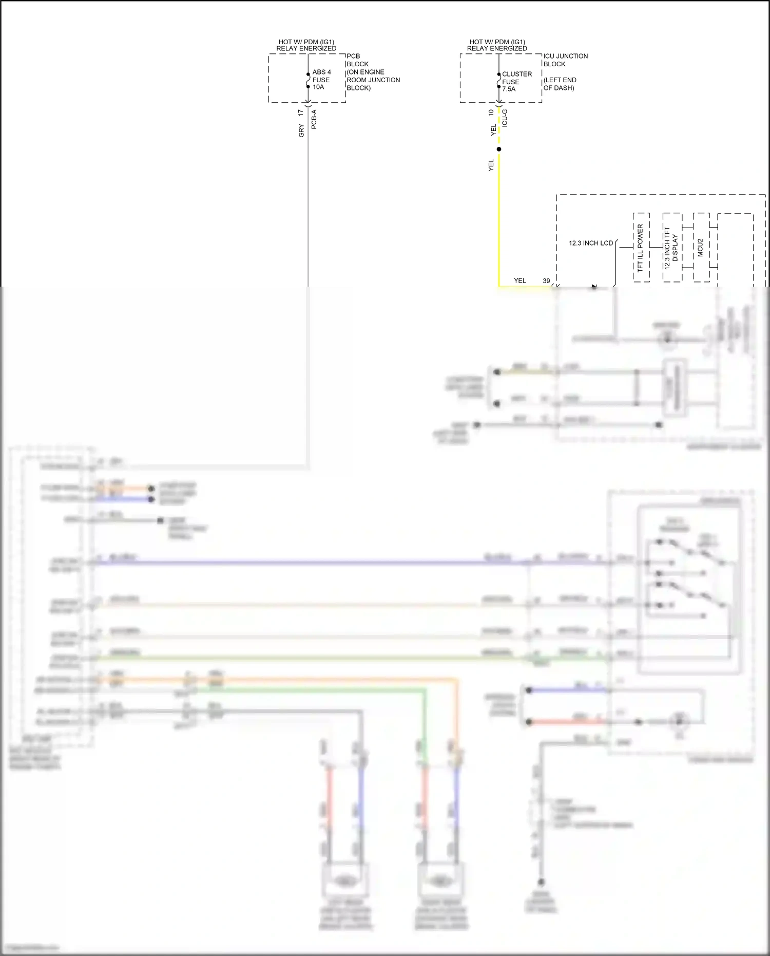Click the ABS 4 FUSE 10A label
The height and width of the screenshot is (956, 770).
click(x=321, y=80)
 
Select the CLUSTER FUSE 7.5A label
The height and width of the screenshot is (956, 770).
click(x=516, y=81)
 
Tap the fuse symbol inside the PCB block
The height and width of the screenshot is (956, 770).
click(x=308, y=81)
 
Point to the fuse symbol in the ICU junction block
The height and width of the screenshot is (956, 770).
click(x=499, y=81)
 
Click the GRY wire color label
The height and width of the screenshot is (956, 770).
click(x=301, y=131)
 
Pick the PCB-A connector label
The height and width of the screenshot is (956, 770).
click(x=314, y=119)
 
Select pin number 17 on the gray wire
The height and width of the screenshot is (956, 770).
click(x=301, y=112)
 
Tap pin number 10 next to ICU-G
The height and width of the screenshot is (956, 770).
click(x=491, y=112)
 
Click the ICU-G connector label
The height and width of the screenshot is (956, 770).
click(x=505, y=118)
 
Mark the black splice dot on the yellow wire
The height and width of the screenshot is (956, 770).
click(x=499, y=149)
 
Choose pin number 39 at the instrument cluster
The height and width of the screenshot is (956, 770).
click(x=546, y=280)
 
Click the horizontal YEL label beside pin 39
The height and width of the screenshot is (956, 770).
click(x=520, y=280)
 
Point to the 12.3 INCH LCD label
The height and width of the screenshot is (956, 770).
click(x=591, y=243)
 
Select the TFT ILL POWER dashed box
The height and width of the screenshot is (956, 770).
click(x=641, y=247)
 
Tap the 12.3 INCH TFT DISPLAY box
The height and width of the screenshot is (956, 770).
click(x=671, y=247)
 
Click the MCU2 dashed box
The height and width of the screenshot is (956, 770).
click(x=701, y=247)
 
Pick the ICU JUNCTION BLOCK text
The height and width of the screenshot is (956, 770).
click(x=565, y=60)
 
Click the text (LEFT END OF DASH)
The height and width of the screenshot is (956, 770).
click(x=560, y=84)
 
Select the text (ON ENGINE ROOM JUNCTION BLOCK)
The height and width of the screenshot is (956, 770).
click(x=373, y=80)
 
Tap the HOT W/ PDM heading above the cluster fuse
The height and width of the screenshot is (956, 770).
click(x=497, y=45)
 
